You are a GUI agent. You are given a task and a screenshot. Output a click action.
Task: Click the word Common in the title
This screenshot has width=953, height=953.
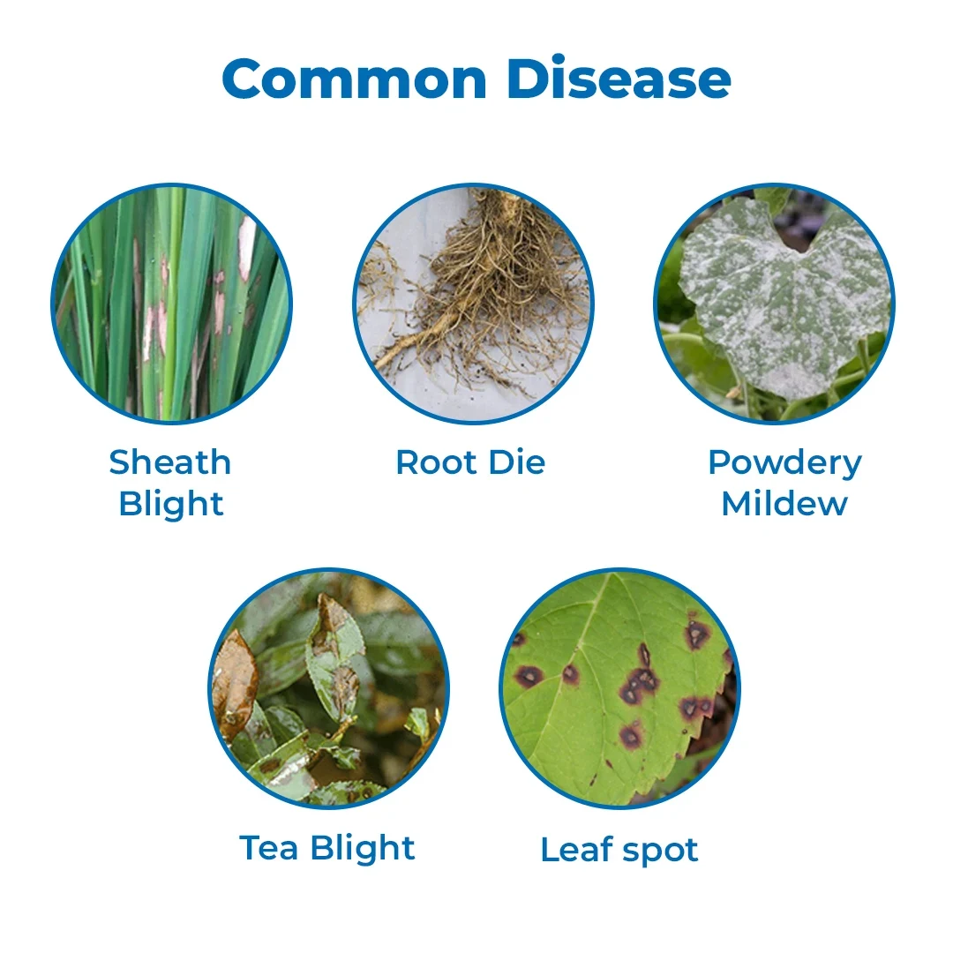tap(355, 79)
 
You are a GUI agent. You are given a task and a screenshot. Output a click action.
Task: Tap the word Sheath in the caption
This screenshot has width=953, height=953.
tap(170, 462)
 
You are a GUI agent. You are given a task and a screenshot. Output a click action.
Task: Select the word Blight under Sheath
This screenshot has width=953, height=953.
tap(171, 505)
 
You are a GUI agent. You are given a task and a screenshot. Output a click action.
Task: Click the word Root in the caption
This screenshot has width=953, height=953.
tap(436, 462)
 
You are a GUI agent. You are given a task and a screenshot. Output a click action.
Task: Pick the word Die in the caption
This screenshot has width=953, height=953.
tap(517, 462)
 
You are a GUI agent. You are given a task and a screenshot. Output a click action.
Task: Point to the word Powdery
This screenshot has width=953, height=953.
tap(785, 465)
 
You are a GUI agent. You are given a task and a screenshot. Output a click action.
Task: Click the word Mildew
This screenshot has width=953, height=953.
tap(784, 504)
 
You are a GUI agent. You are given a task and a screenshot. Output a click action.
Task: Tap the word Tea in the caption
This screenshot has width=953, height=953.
tap(268, 848)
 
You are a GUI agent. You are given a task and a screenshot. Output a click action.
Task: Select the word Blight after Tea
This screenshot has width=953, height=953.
tap(363, 849)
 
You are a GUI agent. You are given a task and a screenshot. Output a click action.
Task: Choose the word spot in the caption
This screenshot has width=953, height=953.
tap(661, 852)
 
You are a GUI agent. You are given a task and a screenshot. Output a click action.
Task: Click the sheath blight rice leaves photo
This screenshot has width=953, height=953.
tap(171, 304)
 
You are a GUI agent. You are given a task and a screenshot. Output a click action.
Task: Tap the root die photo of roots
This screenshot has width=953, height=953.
tap(474, 304)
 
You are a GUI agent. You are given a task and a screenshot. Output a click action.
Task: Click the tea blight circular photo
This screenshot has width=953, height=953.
tap(329, 688)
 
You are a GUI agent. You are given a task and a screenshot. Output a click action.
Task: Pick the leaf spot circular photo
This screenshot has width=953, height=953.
tap(620, 688)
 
